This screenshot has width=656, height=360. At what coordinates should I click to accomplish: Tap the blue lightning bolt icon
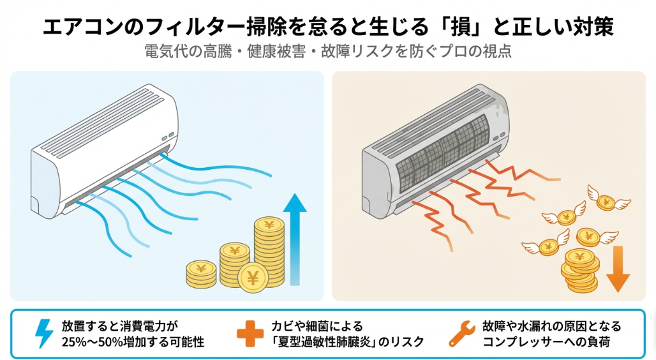(x=43, y=334)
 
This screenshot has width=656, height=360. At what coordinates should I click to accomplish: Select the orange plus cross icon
(x=249, y=334)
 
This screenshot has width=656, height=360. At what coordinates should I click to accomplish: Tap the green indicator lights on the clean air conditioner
(x=167, y=136)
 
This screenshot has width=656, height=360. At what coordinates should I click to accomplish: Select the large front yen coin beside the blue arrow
(x=253, y=278)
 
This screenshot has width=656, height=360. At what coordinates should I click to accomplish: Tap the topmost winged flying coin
(x=605, y=202)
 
